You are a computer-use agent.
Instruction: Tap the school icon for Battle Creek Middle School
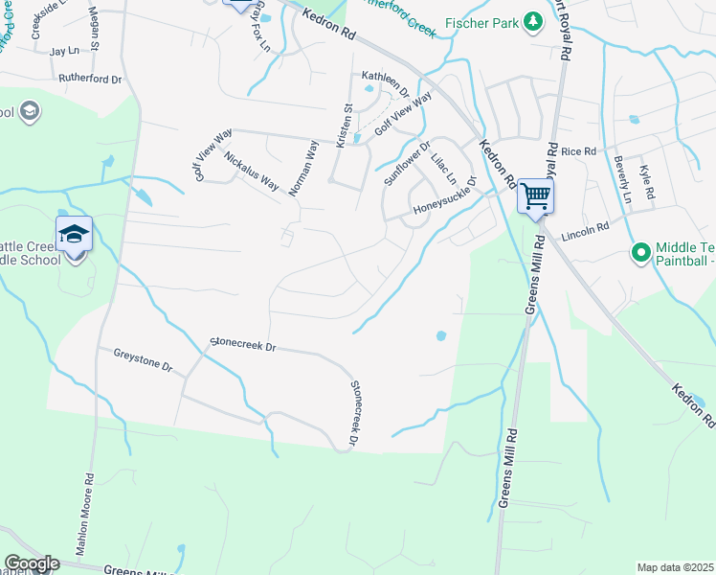click(74, 234)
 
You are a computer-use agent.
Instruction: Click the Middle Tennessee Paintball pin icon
click(640, 253)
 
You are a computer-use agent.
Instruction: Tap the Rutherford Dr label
click(91, 79)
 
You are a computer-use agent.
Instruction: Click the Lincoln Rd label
click(586, 230)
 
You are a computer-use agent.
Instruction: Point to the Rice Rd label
click(578, 151)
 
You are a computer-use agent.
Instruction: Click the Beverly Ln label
click(624, 180)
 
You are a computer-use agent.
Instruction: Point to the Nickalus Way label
click(252, 168)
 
